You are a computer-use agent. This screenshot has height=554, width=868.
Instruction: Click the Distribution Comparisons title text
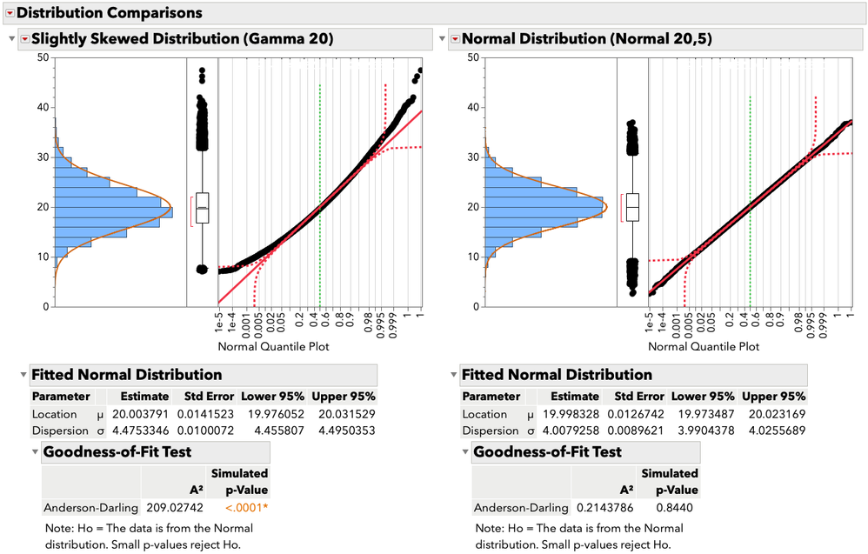pyautogui.click(x=110, y=13)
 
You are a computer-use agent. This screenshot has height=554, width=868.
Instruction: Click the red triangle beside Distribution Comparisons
pyautogui.click(x=10, y=13)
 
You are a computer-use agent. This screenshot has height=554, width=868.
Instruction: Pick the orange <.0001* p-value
pyautogui.click(x=247, y=507)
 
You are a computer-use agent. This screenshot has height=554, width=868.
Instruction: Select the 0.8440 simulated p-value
pyautogui.click(x=675, y=507)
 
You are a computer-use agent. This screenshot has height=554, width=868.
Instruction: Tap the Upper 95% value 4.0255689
pyautogui.click(x=775, y=431)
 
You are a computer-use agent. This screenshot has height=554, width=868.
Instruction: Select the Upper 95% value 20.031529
pyautogui.click(x=345, y=414)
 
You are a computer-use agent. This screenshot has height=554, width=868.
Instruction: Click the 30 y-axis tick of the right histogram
pyautogui.click(x=472, y=157)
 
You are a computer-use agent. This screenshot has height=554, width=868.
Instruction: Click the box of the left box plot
pyautogui.click(x=202, y=208)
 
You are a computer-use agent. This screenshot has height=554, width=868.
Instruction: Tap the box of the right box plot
pyautogui.click(x=632, y=208)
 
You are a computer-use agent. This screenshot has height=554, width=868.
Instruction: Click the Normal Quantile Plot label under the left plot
pyautogui.click(x=275, y=346)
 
